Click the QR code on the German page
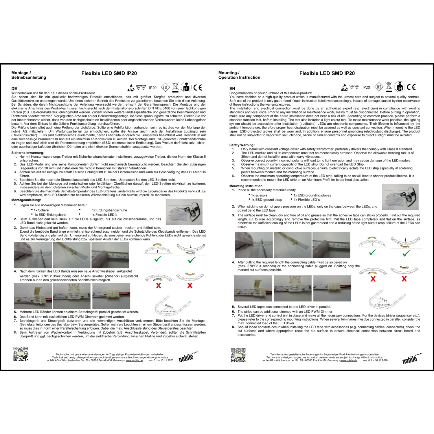pyautogui.click(x=21, y=354)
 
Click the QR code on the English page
pyautogui.click(x=238, y=355)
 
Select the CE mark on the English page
pyautogui.click(x=411, y=87)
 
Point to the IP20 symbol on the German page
pyautogui.click(x=153, y=88)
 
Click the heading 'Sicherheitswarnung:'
pyautogui.click(x=28, y=153)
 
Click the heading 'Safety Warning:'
pyautogui.click(x=242, y=145)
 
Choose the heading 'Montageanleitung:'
pyautogui.click(x=26, y=200)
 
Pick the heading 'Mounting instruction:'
pyautogui.click(x=246, y=186)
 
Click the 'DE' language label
pyautogui.click(x=14, y=89)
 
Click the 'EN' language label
pyautogui.click(x=232, y=89)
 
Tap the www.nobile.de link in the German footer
pyautogui.click(x=134, y=361)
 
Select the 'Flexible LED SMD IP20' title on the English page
pyautogui.click(x=327, y=73)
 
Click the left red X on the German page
pyautogui.click(x=159, y=286)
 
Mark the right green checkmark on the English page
pyautogui.click(x=406, y=253)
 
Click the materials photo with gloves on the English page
pyautogui.click(x=400, y=197)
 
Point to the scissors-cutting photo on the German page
pyautogui.click(x=33, y=255)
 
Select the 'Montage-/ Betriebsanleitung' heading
pyautogui.click(x=29, y=75)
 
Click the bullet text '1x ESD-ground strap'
pyautogui.click(x=266, y=200)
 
